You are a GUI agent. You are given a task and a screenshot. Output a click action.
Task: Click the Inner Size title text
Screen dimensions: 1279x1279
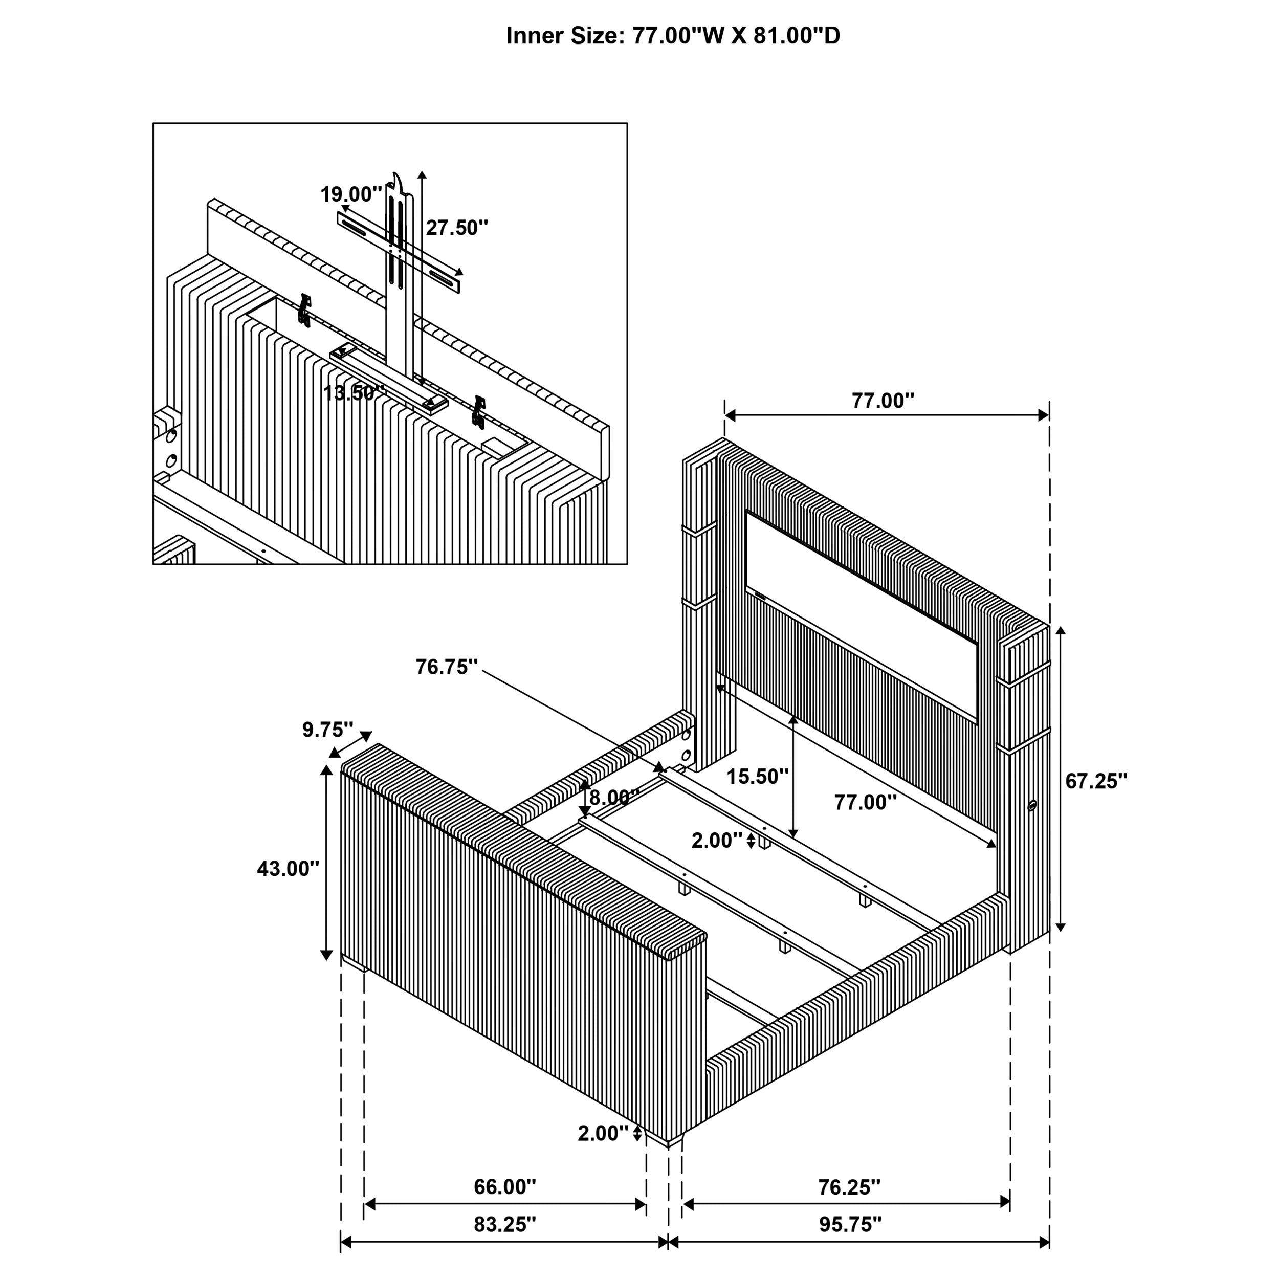tap(673, 36)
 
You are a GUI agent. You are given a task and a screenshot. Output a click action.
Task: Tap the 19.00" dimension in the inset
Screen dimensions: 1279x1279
tap(351, 194)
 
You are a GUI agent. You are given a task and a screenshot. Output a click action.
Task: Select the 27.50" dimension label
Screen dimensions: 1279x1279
tap(457, 228)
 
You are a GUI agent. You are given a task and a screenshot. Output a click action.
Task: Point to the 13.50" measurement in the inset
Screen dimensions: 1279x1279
tap(353, 393)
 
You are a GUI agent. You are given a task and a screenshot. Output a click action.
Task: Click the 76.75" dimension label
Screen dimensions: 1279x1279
tap(447, 667)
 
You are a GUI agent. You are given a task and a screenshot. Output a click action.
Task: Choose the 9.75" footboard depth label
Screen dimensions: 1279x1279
tap(328, 730)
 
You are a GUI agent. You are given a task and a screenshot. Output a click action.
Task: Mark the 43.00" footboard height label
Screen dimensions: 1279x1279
tap(288, 869)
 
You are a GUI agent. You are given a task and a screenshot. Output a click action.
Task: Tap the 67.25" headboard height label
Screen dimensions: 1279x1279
tap(1096, 782)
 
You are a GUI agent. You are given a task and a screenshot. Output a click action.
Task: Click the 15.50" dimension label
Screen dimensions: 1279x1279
tap(757, 777)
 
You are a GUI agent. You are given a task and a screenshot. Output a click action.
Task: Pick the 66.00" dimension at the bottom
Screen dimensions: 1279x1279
tap(504, 1187)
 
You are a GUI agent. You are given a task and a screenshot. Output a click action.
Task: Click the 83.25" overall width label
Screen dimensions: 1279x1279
tap(504, 1225)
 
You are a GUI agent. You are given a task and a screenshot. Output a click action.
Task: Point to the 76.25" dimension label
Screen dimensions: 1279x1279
tap(849, 1187)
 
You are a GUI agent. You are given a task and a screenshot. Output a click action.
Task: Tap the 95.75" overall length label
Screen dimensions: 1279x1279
tap(850, 1225)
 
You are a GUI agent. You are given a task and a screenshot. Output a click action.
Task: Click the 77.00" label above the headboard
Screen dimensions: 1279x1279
tap(883, 401)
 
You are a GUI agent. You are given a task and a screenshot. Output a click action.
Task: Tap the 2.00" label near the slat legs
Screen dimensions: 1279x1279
tap(716, 841)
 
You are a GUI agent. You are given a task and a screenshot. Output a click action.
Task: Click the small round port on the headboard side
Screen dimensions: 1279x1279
tap(1031, 806)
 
